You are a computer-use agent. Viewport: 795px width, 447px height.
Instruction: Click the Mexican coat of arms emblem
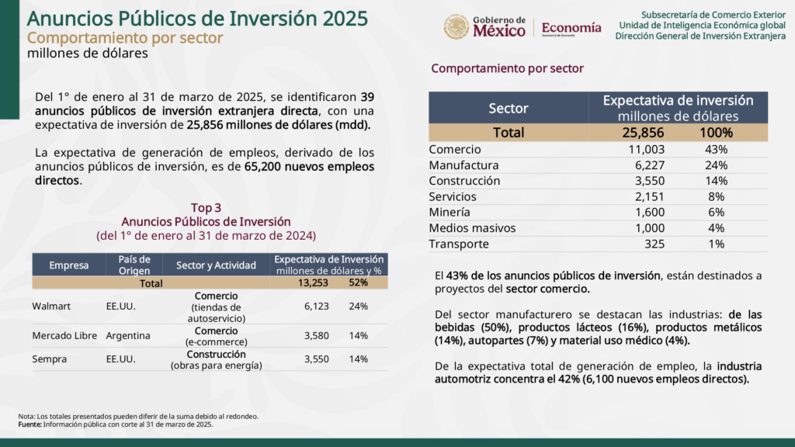457,27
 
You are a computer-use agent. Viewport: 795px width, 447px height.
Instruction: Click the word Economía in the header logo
571,27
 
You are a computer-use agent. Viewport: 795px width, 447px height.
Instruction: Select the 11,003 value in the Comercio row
647,150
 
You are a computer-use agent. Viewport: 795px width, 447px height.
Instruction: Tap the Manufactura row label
464,165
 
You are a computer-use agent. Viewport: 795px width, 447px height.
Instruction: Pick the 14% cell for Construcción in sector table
716,181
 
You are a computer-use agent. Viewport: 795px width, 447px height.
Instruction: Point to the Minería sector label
450,213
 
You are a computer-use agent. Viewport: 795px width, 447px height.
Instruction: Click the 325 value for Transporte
654,244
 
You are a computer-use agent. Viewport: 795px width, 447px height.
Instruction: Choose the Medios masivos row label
473,228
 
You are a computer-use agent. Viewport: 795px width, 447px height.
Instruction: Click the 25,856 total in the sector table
643,133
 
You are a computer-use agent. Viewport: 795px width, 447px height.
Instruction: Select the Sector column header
509,108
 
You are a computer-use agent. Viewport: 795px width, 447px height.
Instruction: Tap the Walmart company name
51,306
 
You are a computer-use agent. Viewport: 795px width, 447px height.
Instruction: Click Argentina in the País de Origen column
128,335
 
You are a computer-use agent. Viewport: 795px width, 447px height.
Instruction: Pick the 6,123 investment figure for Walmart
317,306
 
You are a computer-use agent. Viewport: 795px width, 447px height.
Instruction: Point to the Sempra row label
49,359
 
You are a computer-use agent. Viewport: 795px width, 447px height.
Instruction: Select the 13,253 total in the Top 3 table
313,282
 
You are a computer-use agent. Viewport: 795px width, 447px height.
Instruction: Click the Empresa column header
69,265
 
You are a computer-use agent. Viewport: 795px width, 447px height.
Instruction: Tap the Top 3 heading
206,208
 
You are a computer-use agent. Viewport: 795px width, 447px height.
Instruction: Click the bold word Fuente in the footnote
30,424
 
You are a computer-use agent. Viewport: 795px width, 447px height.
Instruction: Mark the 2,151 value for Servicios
650,196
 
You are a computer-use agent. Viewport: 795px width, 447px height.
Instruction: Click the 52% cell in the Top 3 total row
359,282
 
